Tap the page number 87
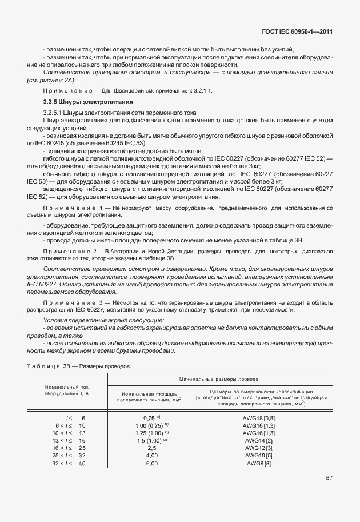(x=329, y=477)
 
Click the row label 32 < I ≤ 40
(x=70, y=463)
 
